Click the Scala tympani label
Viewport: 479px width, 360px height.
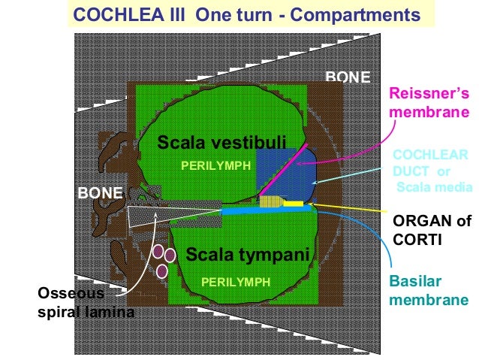coord(248,255)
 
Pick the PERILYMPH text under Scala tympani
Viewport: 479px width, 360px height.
coord(235,282)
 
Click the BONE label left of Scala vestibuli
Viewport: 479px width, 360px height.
coord(101,193)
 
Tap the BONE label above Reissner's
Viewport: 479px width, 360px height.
coord(347,77)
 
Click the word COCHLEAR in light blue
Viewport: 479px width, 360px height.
coord(430,155)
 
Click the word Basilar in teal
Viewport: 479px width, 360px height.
coord(413,280)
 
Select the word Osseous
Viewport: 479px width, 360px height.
coord(69,293)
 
